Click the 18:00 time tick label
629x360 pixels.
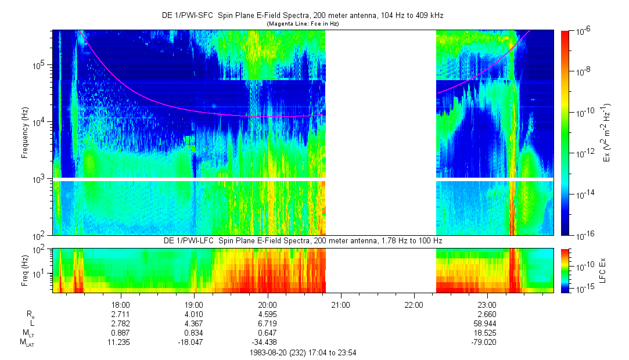[x=120, y=304]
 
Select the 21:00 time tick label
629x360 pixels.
[x=340, y=304]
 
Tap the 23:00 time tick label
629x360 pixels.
[x=487, y=304]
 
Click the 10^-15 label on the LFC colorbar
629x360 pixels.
[x=583, y=289]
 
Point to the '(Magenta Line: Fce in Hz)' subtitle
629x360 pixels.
[x=303, y=24]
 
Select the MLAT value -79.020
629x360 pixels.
[x=487, y=343]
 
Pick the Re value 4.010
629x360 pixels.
[x=193, y=314]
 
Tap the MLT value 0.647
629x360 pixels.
[x=267, y=333]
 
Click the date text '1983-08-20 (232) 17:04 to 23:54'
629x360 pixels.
[x=303, y=352]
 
